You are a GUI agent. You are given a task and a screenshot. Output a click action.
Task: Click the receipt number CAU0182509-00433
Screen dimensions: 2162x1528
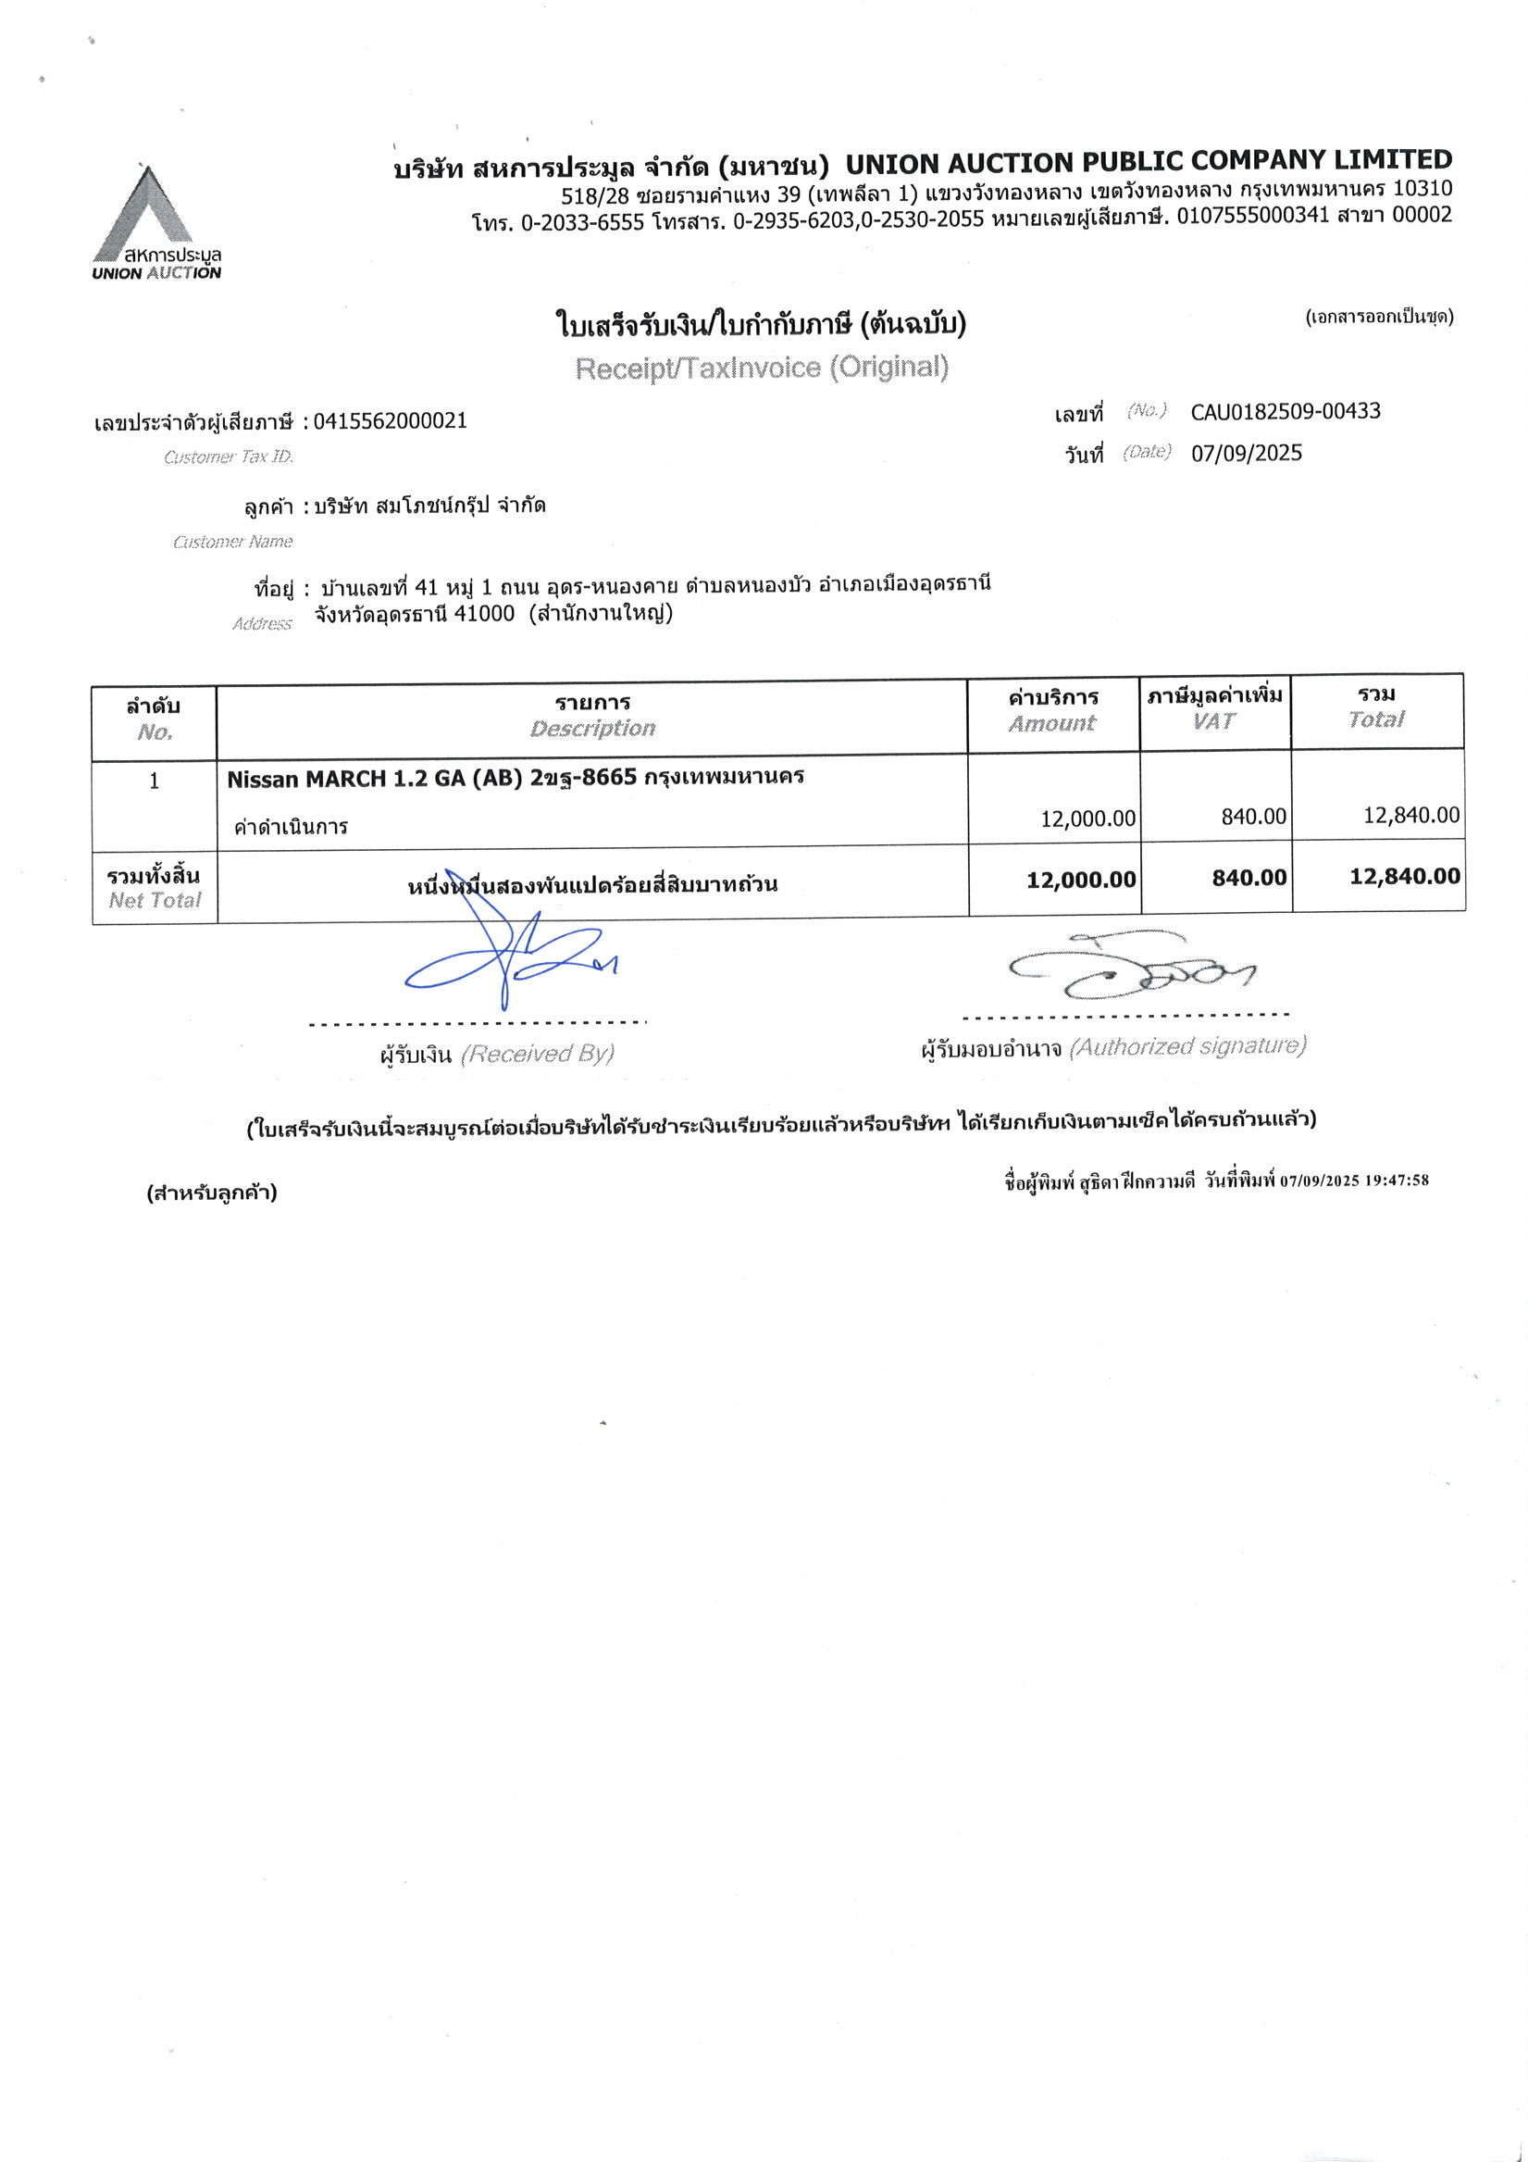pos(1286,411)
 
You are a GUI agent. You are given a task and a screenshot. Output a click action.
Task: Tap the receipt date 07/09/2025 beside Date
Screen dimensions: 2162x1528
pos(1247,454)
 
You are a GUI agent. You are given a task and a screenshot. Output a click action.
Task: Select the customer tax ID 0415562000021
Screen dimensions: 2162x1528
pos(390,421)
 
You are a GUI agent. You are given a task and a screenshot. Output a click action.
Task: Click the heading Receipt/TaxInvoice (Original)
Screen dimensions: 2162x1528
pos(762,368)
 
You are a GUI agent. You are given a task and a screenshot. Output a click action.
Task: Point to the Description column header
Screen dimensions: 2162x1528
pos(592,728)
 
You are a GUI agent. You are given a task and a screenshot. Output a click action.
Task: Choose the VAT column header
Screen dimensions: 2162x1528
pos(1213,721)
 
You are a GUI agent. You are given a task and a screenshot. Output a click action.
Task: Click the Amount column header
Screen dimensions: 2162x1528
pos(1052,723)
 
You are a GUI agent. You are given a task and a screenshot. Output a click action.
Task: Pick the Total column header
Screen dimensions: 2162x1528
pos(1375,719)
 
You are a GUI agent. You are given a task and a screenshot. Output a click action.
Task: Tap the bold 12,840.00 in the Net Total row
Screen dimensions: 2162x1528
pos(1405,877)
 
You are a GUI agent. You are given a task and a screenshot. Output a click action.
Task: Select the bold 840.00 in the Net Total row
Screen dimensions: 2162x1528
pos(1248,878)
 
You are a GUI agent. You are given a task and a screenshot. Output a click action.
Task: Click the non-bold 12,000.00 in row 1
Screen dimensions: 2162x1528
pos(1087,819)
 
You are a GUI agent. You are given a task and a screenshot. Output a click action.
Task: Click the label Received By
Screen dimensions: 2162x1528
pos(537,1054)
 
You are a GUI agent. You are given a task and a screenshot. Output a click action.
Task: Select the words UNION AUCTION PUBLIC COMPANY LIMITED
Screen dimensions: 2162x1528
pos(1149,162)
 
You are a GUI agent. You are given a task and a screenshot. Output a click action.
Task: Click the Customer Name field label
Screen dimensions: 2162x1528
pos(232,542)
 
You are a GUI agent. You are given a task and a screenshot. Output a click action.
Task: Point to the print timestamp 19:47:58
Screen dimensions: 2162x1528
pos(1398,1181)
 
